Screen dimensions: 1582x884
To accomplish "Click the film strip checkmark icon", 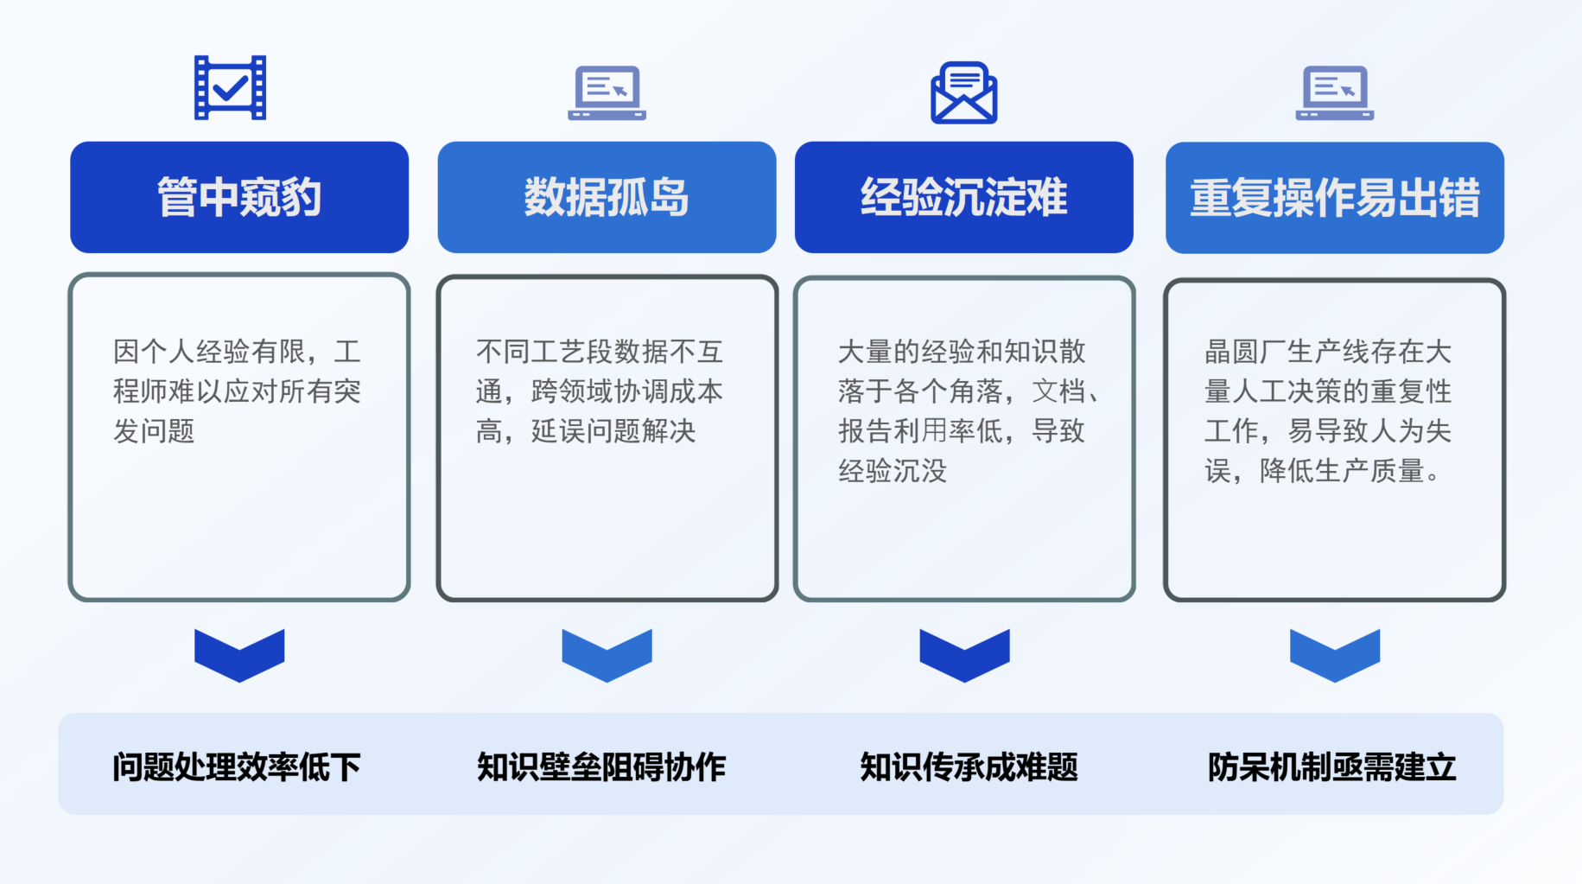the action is [230, 87].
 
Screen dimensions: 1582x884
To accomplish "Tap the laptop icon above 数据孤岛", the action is [607, 92].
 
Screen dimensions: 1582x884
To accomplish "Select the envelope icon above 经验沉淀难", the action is [963, 92].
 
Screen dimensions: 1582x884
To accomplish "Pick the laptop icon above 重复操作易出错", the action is [1334, 92].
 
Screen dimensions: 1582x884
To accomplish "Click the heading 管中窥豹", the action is [239, 197].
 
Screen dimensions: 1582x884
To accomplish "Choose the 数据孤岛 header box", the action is [607, 197].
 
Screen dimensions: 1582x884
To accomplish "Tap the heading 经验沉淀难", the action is [963, 197].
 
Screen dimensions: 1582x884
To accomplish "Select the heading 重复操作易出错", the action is [1334, 197].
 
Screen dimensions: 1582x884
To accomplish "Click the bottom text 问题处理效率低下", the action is [237, 766].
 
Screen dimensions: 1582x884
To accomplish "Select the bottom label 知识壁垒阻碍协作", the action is [601, 766].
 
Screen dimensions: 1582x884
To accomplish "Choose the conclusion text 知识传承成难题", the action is [969, 766].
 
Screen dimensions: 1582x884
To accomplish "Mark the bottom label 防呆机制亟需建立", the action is [1331, 766].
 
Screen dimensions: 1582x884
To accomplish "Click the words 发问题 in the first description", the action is [154, 430].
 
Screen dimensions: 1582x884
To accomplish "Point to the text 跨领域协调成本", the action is [626, 391].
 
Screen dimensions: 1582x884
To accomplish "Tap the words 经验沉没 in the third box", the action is [893, 470].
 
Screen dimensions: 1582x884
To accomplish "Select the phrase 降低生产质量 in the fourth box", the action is [1342, 470].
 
